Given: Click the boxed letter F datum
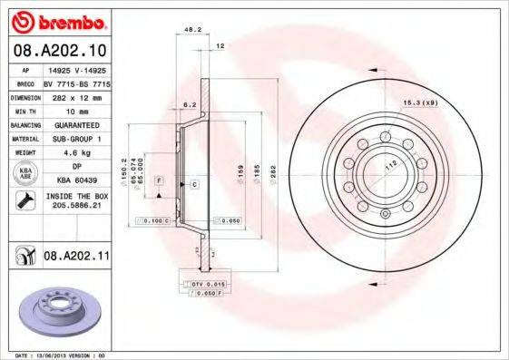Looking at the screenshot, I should [159, 182].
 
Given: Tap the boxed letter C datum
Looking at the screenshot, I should [194, 184].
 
